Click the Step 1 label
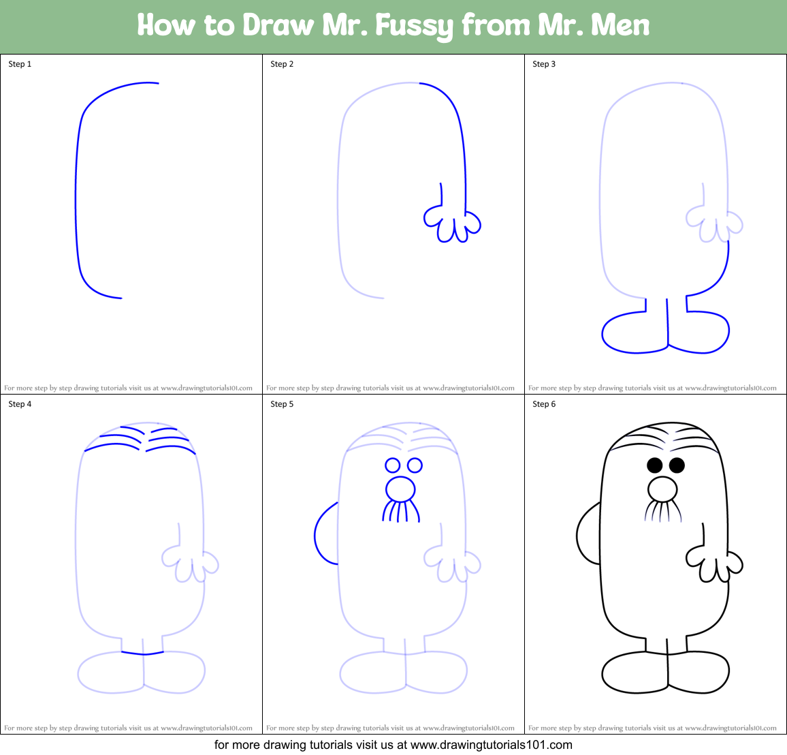[20, 64]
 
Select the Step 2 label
[282, 64]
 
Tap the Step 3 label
[544, 64]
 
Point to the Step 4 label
[20, 404]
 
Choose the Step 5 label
[282, 404]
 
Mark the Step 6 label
[544, 404]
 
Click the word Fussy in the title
[415, 26]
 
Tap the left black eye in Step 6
[655, 465]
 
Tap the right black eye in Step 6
[677, 465]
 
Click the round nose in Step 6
[662, 489]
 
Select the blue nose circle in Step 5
[400, 489]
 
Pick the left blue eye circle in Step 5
[392, 465]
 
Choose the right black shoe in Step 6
[699, 673]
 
